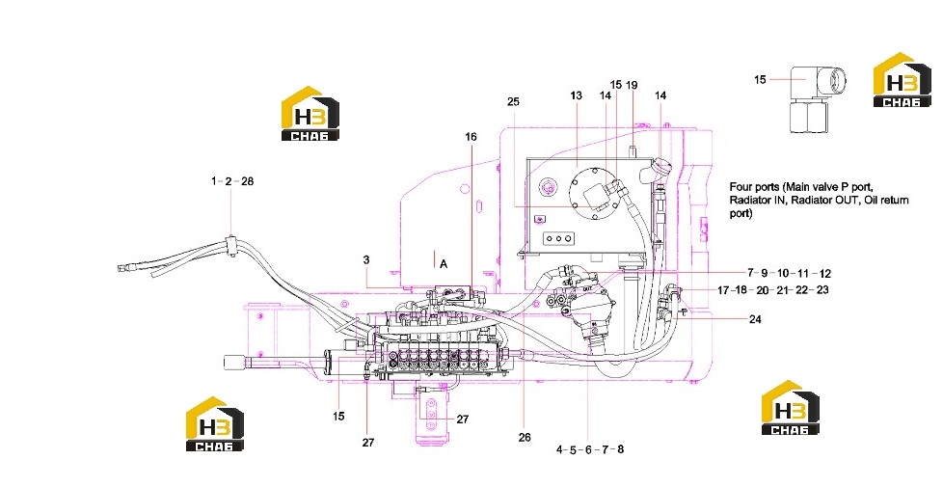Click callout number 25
512,101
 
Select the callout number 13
577,95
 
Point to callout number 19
631,85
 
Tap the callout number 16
471,137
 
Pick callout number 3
366,259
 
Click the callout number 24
755,318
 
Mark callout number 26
525,437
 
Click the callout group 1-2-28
232,181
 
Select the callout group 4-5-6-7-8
590,449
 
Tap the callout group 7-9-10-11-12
790,273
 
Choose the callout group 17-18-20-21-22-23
772,290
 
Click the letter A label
444,263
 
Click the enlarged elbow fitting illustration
818,98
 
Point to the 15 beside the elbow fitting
760,79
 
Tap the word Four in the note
740,186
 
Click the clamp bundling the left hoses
231,245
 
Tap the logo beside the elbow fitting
903,80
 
